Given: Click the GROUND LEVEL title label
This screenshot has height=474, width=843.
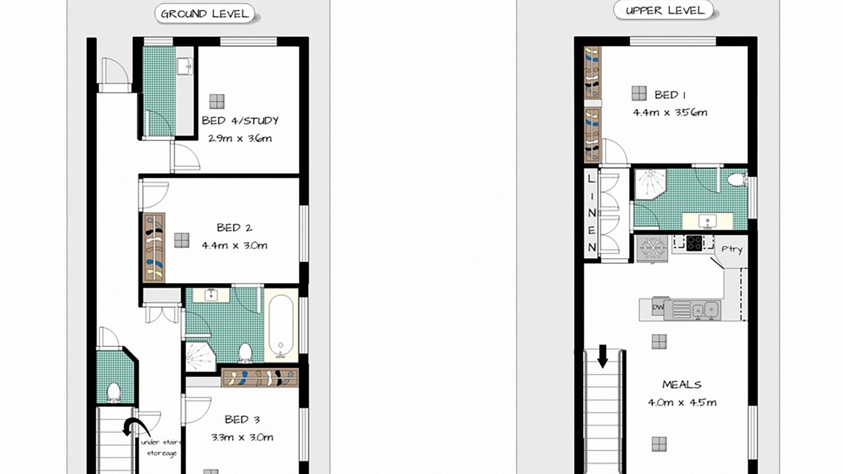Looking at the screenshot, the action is tap(205, 14).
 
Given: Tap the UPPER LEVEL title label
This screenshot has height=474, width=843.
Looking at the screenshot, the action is tap(665, 11).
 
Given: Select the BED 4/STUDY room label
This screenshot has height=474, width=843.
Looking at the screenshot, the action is tap(240, 120).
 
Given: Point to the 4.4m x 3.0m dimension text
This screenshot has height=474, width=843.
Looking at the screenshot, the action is tap(234, 246).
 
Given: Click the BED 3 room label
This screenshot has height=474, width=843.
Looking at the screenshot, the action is tap(242, 419).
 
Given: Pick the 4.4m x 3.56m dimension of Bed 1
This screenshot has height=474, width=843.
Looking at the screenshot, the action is tap(670, 113).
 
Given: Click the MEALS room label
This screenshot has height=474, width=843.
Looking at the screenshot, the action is tap(682, 384).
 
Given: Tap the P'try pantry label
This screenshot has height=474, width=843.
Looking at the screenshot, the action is tap(732, 250).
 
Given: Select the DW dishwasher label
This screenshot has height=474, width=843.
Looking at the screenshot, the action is tap(658, 307).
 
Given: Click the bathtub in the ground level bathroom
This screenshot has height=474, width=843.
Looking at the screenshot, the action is tap(281, 325).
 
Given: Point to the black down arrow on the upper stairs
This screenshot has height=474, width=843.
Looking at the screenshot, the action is tap(603, 356).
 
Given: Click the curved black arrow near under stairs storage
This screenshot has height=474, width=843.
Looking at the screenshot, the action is tap(136, 427).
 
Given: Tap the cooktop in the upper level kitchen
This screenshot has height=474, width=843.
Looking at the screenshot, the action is tap(694, 243).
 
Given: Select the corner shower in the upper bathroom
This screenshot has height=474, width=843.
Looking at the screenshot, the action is tap(650, 184).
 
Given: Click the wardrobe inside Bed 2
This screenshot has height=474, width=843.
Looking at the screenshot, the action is tap(154, 248).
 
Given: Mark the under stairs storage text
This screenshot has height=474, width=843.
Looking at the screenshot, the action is tap(161, 448).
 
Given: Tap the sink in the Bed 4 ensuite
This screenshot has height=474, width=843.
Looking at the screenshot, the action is tap(185, 66).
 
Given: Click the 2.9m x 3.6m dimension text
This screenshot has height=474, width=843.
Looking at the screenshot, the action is tap(240, 138).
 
